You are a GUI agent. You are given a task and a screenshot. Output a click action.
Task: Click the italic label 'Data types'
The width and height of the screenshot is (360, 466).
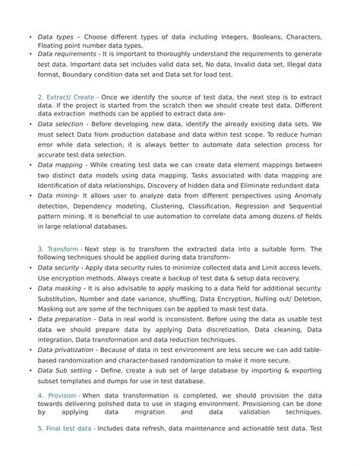55,36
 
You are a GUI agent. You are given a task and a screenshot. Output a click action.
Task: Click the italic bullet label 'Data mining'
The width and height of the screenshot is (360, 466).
58,195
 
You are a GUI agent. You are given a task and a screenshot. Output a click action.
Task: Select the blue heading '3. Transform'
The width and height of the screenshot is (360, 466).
58,249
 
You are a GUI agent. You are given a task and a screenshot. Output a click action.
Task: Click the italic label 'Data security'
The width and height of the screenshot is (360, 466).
59,268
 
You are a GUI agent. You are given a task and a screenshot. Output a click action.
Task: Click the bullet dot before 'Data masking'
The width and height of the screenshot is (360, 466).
30,289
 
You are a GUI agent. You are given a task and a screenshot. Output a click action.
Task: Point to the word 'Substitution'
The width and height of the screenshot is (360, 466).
59,299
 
